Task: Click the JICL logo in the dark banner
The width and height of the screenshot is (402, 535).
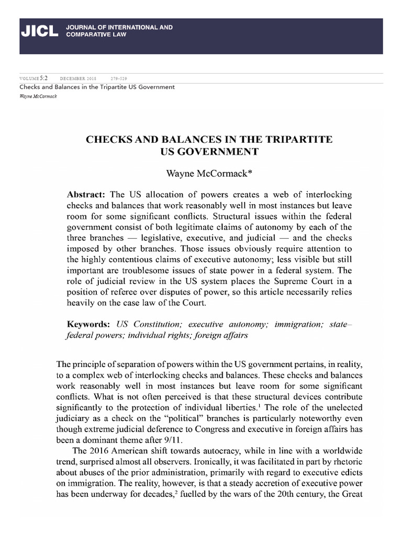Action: [x=39, y=31]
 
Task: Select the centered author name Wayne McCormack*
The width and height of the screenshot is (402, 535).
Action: [x=201, y=171]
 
